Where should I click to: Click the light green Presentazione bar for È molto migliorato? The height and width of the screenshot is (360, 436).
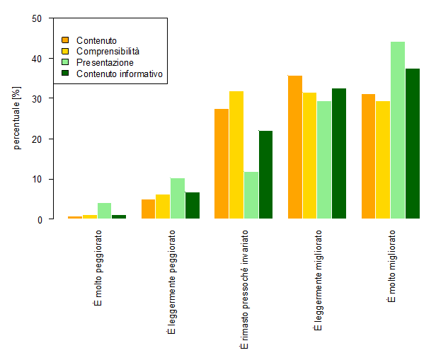pos(397,130)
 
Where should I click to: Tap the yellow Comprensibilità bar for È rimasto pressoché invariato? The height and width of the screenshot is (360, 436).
pos(236,155)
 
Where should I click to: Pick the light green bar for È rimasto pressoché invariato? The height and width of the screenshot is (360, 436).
pos(251,195)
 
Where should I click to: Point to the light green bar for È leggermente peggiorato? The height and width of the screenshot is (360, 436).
pos(177,199)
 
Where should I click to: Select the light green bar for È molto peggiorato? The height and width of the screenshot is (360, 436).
pos(104,211)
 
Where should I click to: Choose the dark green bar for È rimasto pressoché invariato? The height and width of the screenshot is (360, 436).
pos(265,175)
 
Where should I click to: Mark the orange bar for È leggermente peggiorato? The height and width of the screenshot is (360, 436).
pos(148,209)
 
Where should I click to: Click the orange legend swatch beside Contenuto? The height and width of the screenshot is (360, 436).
pos(66,40)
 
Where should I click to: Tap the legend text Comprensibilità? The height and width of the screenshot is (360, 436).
pos(108,51)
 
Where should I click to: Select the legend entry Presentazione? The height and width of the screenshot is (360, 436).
pos(105,62)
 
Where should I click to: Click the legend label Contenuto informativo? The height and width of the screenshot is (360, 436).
pos(120,74)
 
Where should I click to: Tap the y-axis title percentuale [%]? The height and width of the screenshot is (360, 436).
pos(18,119)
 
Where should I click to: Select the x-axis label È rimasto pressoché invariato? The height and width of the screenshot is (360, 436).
pos(244,289)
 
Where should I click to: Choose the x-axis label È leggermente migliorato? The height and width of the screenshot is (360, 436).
pos(318,280)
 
